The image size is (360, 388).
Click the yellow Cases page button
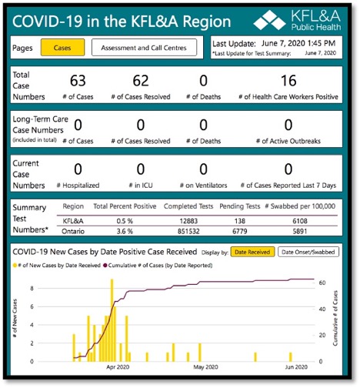62,48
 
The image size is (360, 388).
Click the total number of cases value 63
78,81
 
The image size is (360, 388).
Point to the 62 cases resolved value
140,81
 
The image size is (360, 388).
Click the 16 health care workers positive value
288,81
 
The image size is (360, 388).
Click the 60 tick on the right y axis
324,283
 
